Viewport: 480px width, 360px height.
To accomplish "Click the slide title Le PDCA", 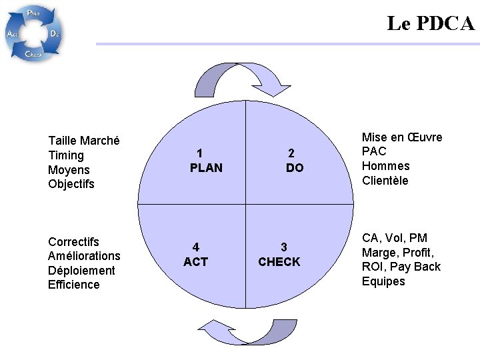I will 431,23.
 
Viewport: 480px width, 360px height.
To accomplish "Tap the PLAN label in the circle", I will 206,168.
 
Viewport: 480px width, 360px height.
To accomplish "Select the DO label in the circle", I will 294,168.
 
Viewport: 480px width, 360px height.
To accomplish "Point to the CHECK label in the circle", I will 279,262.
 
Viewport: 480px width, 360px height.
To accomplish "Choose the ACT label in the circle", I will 195,262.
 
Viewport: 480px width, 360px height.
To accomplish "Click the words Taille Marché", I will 84,141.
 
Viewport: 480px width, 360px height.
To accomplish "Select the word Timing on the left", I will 66,155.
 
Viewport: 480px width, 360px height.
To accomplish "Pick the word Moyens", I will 69,170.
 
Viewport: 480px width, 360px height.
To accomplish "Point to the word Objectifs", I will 71,184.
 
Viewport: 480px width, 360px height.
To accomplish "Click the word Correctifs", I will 73,241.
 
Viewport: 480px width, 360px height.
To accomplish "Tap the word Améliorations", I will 84,256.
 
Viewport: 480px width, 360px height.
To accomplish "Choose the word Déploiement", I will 81,271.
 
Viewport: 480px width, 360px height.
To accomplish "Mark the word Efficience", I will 73,285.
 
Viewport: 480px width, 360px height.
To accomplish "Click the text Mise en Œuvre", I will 402,137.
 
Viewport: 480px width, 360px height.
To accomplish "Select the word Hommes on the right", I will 385,166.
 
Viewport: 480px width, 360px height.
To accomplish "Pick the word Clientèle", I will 385,181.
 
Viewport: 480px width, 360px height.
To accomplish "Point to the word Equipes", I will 383,281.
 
